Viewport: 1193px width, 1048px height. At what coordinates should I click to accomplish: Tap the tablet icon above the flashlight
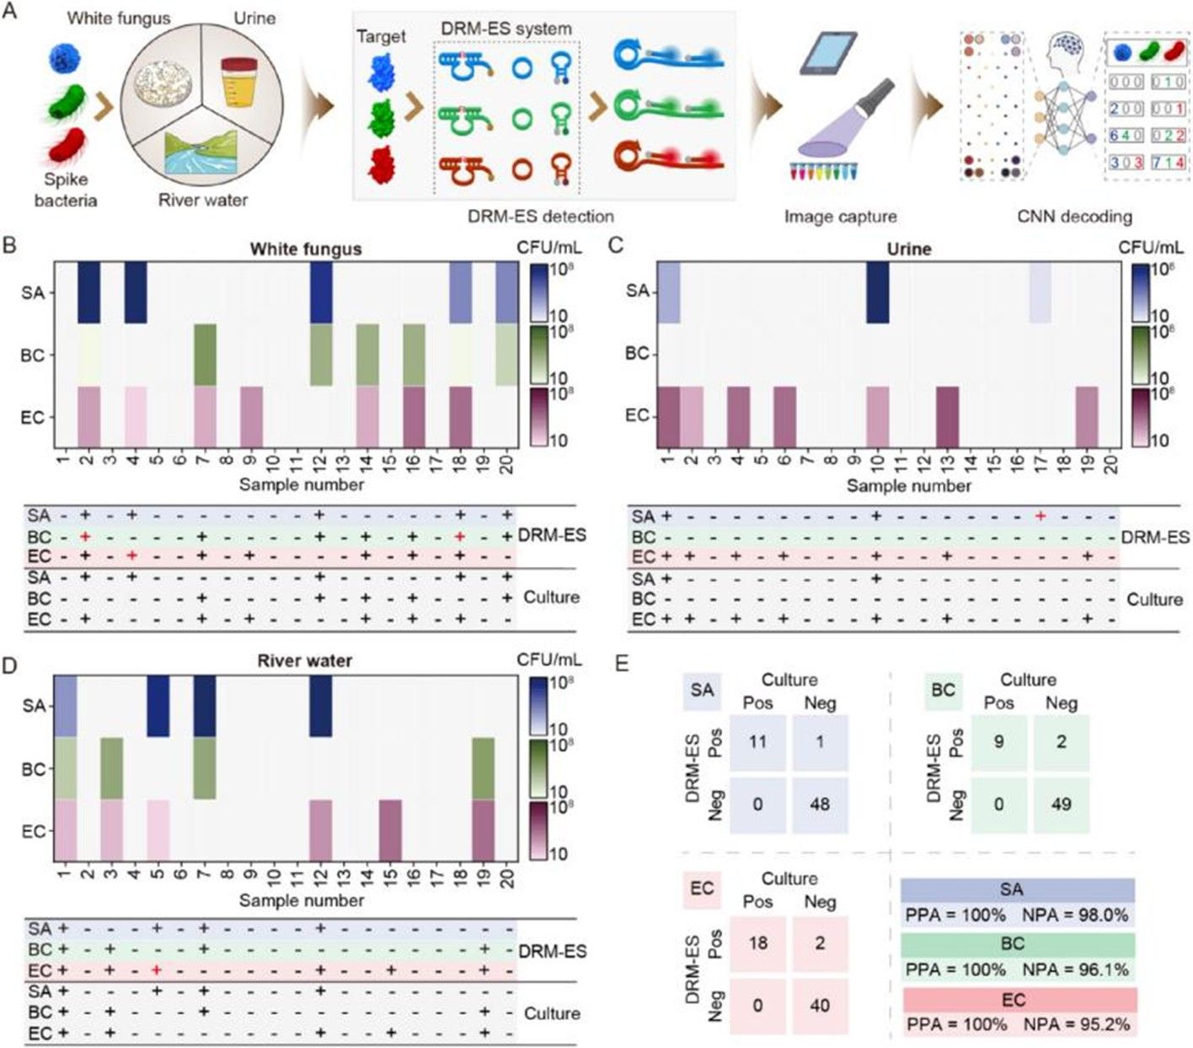[x=827, y=54]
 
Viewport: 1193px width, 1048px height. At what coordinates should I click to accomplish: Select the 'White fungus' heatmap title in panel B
[x=305, y=249]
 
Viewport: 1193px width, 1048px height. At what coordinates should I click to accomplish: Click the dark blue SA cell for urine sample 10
[x=877, y=291]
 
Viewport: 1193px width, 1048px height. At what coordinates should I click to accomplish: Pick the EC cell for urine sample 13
[x=947, y=416]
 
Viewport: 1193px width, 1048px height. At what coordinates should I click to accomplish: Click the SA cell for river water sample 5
[x=158, y=706]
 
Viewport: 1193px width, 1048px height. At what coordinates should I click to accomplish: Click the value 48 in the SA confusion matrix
[x=820, y=805]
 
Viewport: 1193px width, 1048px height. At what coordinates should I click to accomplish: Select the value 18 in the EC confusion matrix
[x=757, y=942]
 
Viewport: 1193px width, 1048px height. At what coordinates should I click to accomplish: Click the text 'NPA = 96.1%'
[x=1074, y=970]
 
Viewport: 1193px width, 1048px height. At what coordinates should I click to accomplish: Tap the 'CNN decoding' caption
[x=1074, y=217]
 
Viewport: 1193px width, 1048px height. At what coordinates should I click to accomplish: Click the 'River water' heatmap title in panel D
[x=304, y=660]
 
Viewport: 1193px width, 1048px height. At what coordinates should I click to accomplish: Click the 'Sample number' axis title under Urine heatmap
[x=908, y=486]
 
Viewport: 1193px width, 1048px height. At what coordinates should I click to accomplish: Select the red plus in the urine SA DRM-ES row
[x=1041, y=516]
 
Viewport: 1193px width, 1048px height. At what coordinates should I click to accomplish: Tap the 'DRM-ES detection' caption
[x=540, y=217]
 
